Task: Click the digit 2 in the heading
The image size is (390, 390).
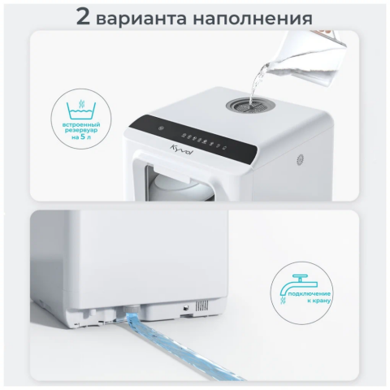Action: point(83,16)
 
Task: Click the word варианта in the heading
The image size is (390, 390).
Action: point(141,19)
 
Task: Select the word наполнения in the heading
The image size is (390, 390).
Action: point(253,19)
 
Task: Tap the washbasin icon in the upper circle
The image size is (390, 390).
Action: point(81,110)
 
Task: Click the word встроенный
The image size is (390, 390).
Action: point(81,125)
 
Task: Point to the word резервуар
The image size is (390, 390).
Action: point(81,131)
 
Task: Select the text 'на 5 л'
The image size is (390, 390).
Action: point(81,136)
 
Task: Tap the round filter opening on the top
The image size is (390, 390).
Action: point(249,105)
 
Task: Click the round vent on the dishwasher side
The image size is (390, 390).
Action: point(300,160)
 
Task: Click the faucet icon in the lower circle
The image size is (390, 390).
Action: point(299,285)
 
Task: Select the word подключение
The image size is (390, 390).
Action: point(310,293)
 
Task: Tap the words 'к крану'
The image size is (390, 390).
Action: point(319,301)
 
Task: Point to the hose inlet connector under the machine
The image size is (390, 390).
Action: point(132,309)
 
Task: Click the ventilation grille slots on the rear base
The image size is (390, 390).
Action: point(201,305)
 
